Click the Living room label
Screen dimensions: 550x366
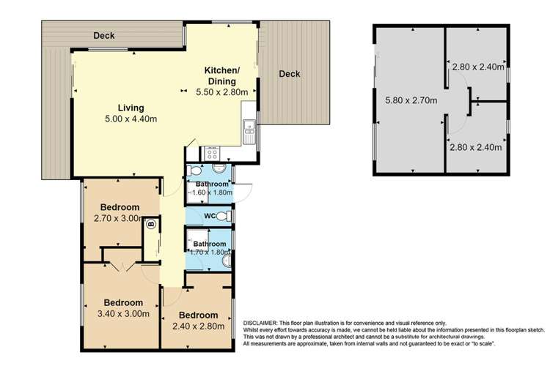pyautogui.click(x=131, y=108)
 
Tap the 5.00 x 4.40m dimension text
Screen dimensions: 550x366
pyautogui.click(x=131, y=119)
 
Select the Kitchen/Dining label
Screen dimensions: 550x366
pyautogui.click(x=222, y=75)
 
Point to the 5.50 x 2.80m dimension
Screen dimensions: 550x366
pyautogui.click(x=222, y=92)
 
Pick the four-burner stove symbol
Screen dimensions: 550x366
pyautogui.click(x=213, y=154)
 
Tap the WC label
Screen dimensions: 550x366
pyautogui.click(x=210, y=216)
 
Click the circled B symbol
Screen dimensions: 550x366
pyautogui.click(x=151, y=223)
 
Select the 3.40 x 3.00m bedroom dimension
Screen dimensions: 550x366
pyautogui.click(x=123, y=314)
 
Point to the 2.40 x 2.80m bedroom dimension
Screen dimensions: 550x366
pyautogui.click(x=199, y=326)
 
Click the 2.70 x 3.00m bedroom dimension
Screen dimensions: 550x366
pyautogui.click(x=118, y=219)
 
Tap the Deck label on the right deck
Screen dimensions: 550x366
pyautogui.click(x=290, y=74)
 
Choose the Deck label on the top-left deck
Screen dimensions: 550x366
pyautogui.click(x=104, y=36)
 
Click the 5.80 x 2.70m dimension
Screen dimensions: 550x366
pyautogui.click(x=411, y=100)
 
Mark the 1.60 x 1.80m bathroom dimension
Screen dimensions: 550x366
pyautogui.click(x=211, y=193)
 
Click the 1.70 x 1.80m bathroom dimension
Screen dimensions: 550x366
pyautogui.click(x=210, y=252)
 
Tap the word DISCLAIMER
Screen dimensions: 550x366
pyautogui.click(x=260, y=323)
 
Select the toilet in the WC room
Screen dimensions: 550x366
pyautogui.click(x=224, y=216)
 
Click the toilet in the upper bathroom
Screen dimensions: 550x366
pyautogui.click(x=194, y=171)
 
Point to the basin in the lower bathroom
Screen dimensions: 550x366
pyautogui.click(x=227, y=261)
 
